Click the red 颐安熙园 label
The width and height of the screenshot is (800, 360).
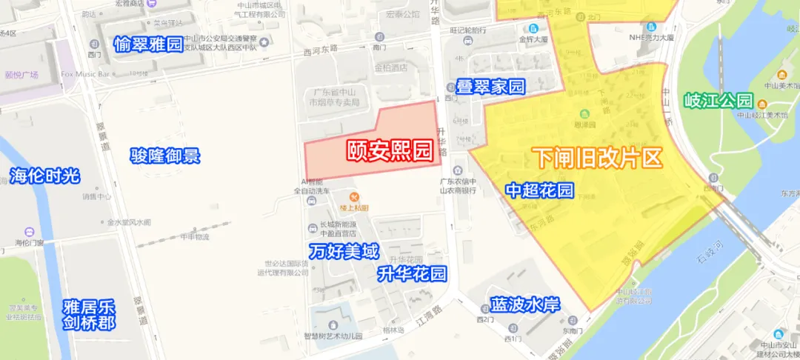[x=390, y=150]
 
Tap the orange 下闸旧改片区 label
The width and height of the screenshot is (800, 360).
[x=596, y=158]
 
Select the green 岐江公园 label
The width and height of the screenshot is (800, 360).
[x=718, y=101]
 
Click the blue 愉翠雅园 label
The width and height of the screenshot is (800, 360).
[x=148, y=44]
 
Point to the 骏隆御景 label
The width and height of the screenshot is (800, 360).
[x=165, y=156]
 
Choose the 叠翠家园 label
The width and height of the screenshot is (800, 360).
[x=490, y=87]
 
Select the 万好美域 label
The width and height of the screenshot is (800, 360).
[x=344, y=250]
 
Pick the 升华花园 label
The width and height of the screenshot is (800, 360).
[x=412, y=275]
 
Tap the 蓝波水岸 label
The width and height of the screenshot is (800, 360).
[x=525, y=304]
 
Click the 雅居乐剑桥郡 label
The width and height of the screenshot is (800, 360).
[x=89, y=314]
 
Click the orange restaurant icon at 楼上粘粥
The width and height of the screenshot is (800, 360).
[x=354, y=196]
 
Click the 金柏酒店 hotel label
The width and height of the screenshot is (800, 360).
[x=391, y=67]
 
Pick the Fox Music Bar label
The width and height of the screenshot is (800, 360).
[x=85, y=74]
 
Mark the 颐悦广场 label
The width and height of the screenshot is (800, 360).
[x=21, y=75]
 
